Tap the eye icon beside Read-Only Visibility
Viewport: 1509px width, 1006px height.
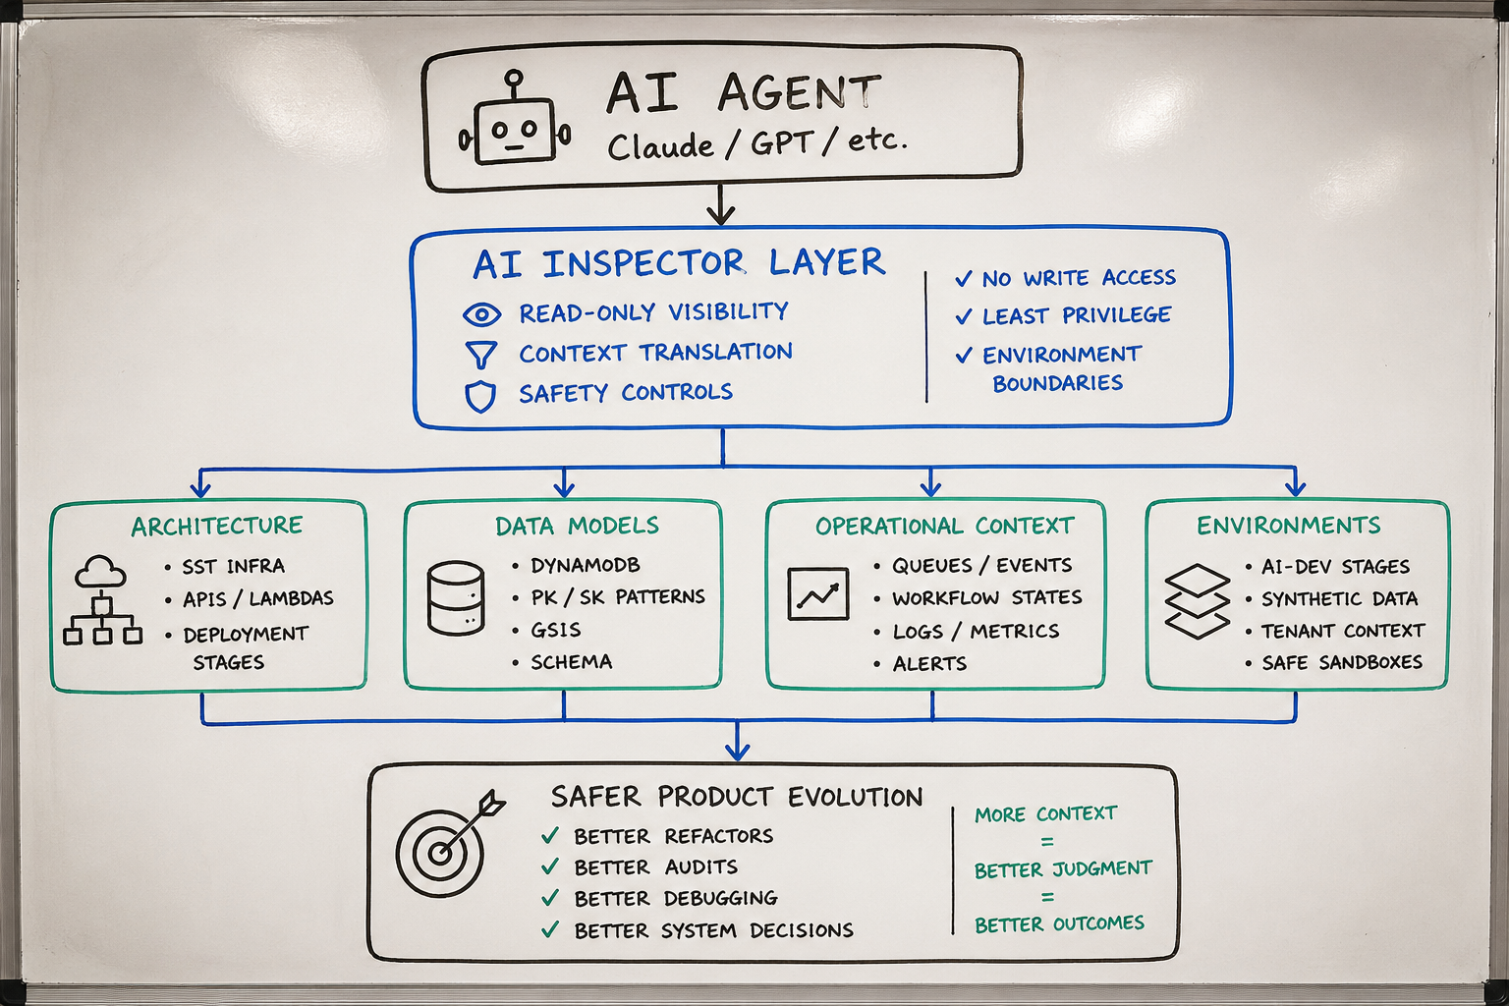(x=481, y=314)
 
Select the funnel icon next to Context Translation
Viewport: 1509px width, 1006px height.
(x=480, y=355)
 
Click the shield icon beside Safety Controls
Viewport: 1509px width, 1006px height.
(x=479, y=396)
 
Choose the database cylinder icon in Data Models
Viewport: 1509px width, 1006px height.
(x=456, y=597)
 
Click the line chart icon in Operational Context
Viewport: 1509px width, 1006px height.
(x=818, y=593)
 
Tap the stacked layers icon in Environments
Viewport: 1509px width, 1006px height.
(x=1197, y=600)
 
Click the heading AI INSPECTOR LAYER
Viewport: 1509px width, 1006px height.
(x=678, y=263)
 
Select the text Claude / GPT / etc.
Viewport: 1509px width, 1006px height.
(x=756, y=144)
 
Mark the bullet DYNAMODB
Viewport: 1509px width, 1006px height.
(x=585, y=566)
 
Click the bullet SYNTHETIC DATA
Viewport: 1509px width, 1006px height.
(x=1339, y=598)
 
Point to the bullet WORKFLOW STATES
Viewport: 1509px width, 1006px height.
(x=986, y=597)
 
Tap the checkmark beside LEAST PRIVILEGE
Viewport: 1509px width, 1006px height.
(x=964, y=316)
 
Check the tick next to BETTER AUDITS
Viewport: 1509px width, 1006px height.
(x=550, y=866)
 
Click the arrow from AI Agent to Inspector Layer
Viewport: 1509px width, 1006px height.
(x=722, y=206)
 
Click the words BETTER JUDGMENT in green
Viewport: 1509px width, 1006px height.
(x=1063, y=869)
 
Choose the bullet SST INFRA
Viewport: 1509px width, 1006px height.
(x=233, y=567)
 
